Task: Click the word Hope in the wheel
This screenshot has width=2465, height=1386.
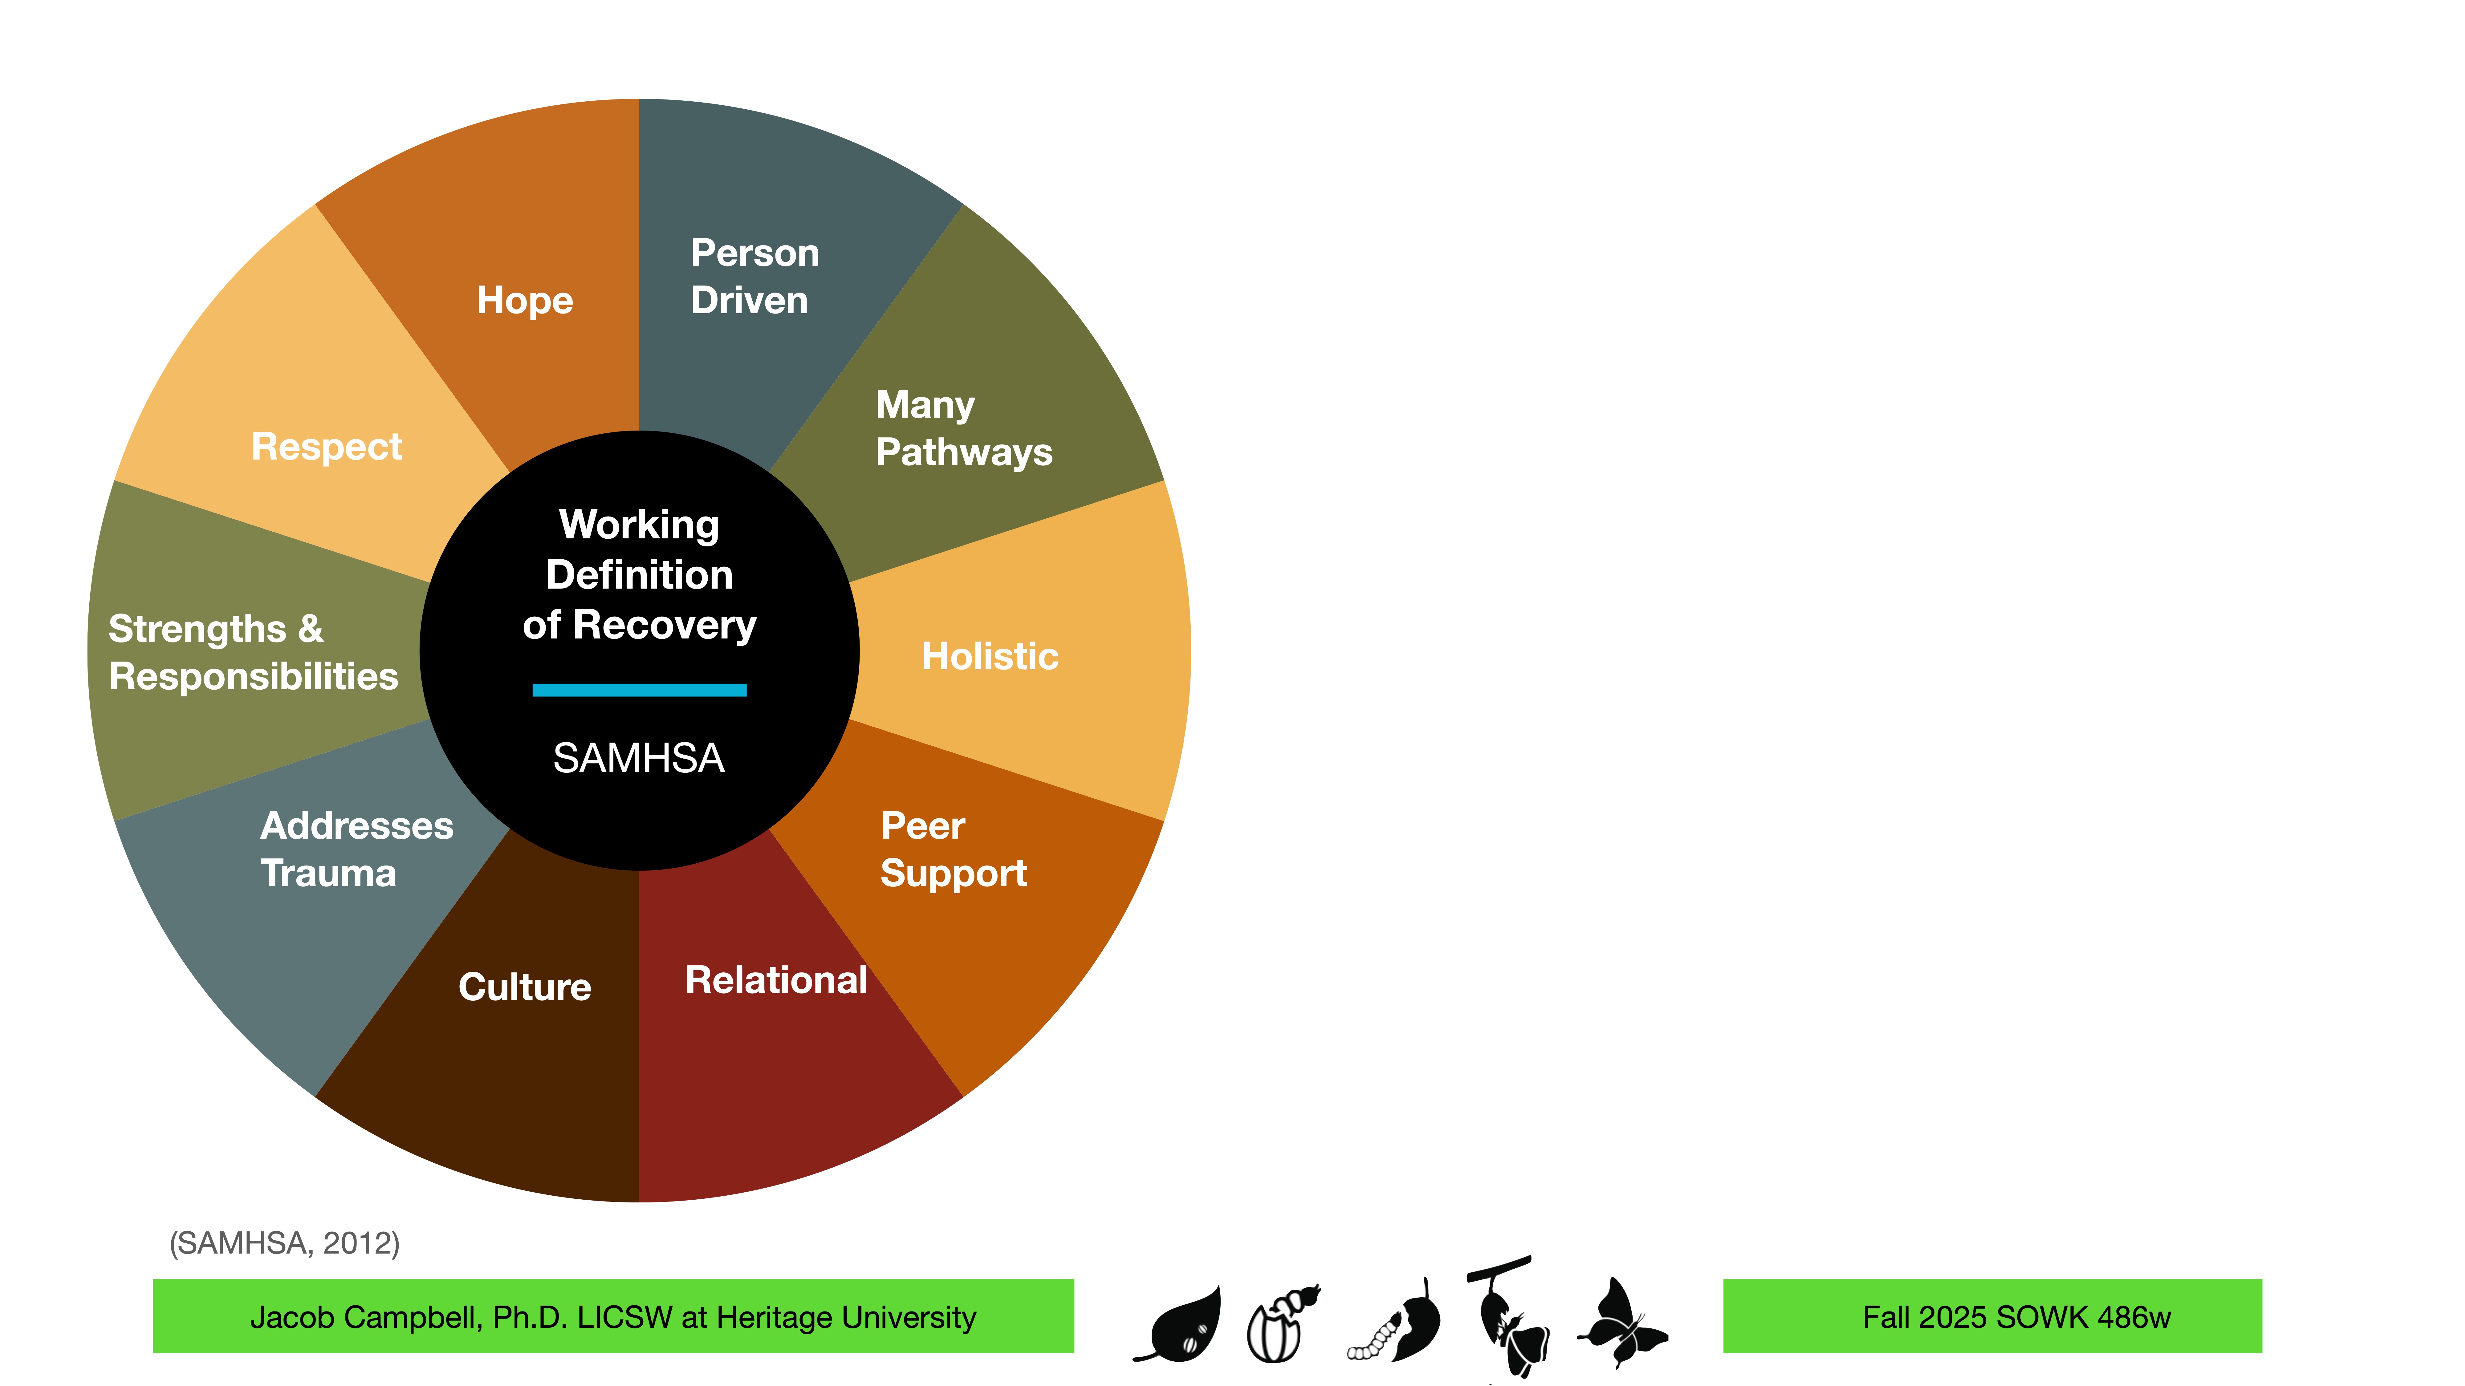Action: point(524,300)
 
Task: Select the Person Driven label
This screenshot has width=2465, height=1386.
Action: point(754,277)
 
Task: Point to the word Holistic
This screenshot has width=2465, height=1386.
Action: point(990,656)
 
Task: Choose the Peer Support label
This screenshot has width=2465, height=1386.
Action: point(953,849)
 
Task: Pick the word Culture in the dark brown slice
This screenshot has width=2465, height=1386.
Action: point(524,986)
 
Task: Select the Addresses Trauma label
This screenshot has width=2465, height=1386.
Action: point(356,849)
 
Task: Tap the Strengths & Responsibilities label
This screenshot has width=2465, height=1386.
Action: point(253,652)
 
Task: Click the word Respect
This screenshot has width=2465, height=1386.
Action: point(326,447)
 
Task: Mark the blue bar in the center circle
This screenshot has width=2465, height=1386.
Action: point(639,690)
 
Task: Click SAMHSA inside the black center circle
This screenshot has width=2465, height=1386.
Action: point(639,759)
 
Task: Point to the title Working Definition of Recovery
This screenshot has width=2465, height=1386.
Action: point(639,574)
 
